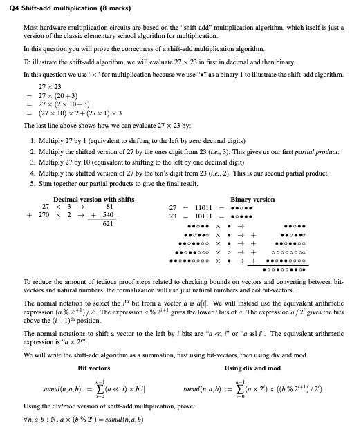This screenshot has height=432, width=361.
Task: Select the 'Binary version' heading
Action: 252,199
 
